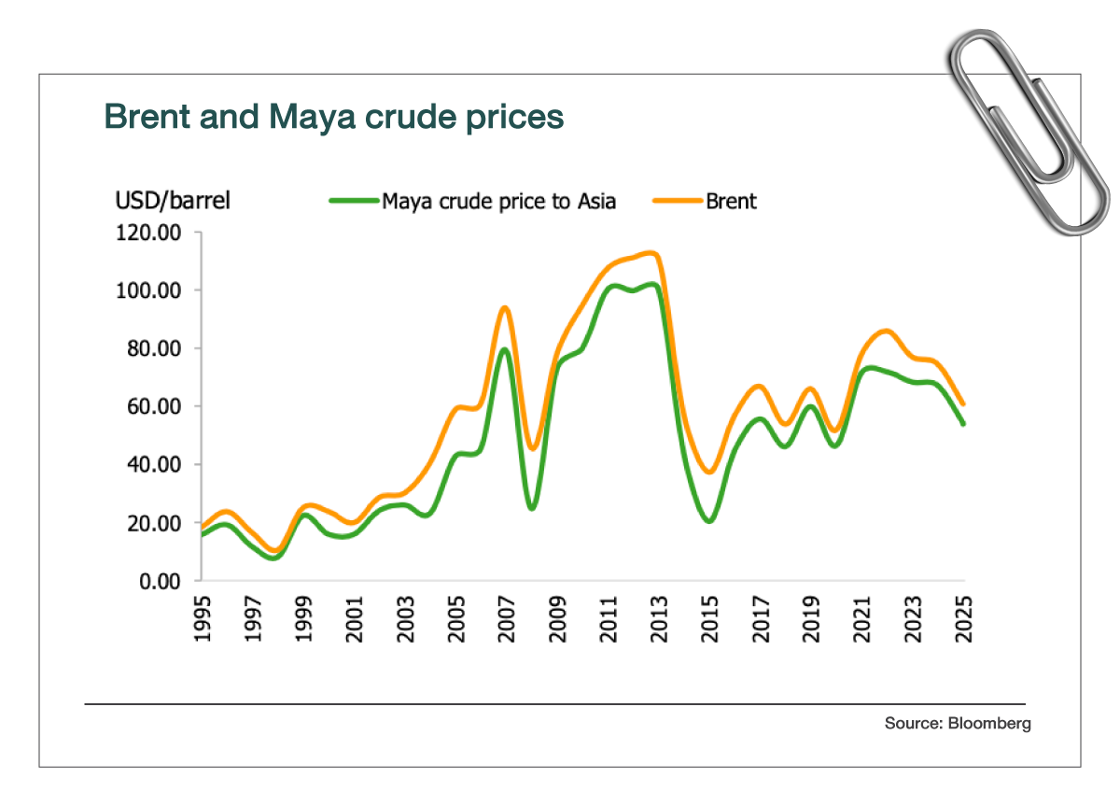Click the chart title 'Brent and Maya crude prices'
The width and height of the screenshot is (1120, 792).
click(333, 117)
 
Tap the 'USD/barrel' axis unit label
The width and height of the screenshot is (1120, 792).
click(173, 200)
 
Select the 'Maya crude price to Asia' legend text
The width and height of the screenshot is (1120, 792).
click(498, 200)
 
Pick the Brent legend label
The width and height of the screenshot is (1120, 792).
click(731, 200)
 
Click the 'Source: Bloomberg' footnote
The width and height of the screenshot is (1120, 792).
click(958, 723)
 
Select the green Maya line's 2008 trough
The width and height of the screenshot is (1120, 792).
click(531, 508)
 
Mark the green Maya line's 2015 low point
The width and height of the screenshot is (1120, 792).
click(708, 520)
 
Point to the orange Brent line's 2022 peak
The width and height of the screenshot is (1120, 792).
click(885, 331)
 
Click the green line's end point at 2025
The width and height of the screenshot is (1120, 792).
click(962, 423)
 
